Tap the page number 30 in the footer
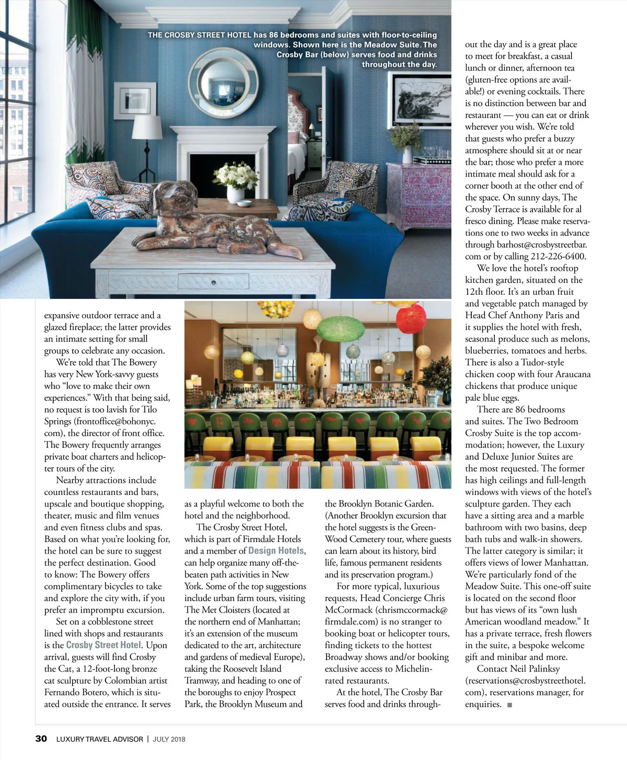[41, 739]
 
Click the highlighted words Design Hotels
[276, 551]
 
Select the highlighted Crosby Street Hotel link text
[103, 645]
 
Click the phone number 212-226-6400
[559, 256]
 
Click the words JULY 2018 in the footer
[169, 739]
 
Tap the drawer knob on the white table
[213, 283]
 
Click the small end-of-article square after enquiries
[509, 705]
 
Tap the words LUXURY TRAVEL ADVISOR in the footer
[99, 739]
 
